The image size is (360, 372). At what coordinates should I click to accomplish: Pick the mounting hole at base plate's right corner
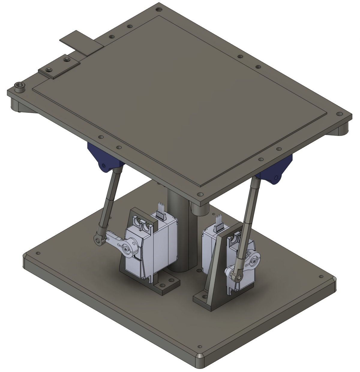coord(321,277)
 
